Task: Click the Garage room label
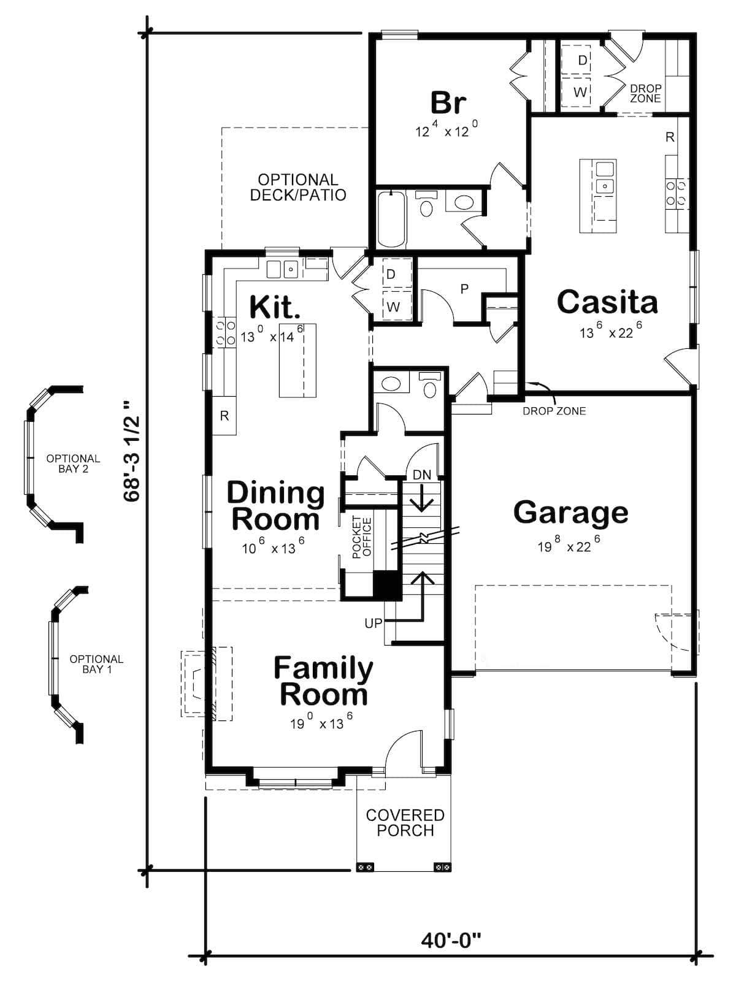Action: tap(570, 513)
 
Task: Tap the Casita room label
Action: tap(607, 302)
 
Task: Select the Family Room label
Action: tap(323, 681)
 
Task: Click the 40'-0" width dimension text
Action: tap(451, 940)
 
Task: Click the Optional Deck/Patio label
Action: tap(298, 188)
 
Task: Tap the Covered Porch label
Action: tap(405, 823)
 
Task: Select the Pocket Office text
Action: tap(362, 537)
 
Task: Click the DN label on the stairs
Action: tap(422, 475)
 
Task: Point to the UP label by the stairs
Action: tap(373, 623)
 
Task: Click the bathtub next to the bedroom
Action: tap(391, 219)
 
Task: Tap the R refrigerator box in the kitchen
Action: tap(224, 416)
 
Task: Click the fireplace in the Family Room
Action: tap(205, 682)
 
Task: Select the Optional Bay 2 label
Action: tap(73, 464)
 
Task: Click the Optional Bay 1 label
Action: tap(96, 664)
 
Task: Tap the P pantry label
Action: tap(464, 289)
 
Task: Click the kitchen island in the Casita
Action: tap(598, 196)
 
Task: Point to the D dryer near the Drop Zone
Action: tap(582, 60)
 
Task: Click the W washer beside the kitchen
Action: tap(393, 307)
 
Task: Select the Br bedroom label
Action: tap(448, 103)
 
